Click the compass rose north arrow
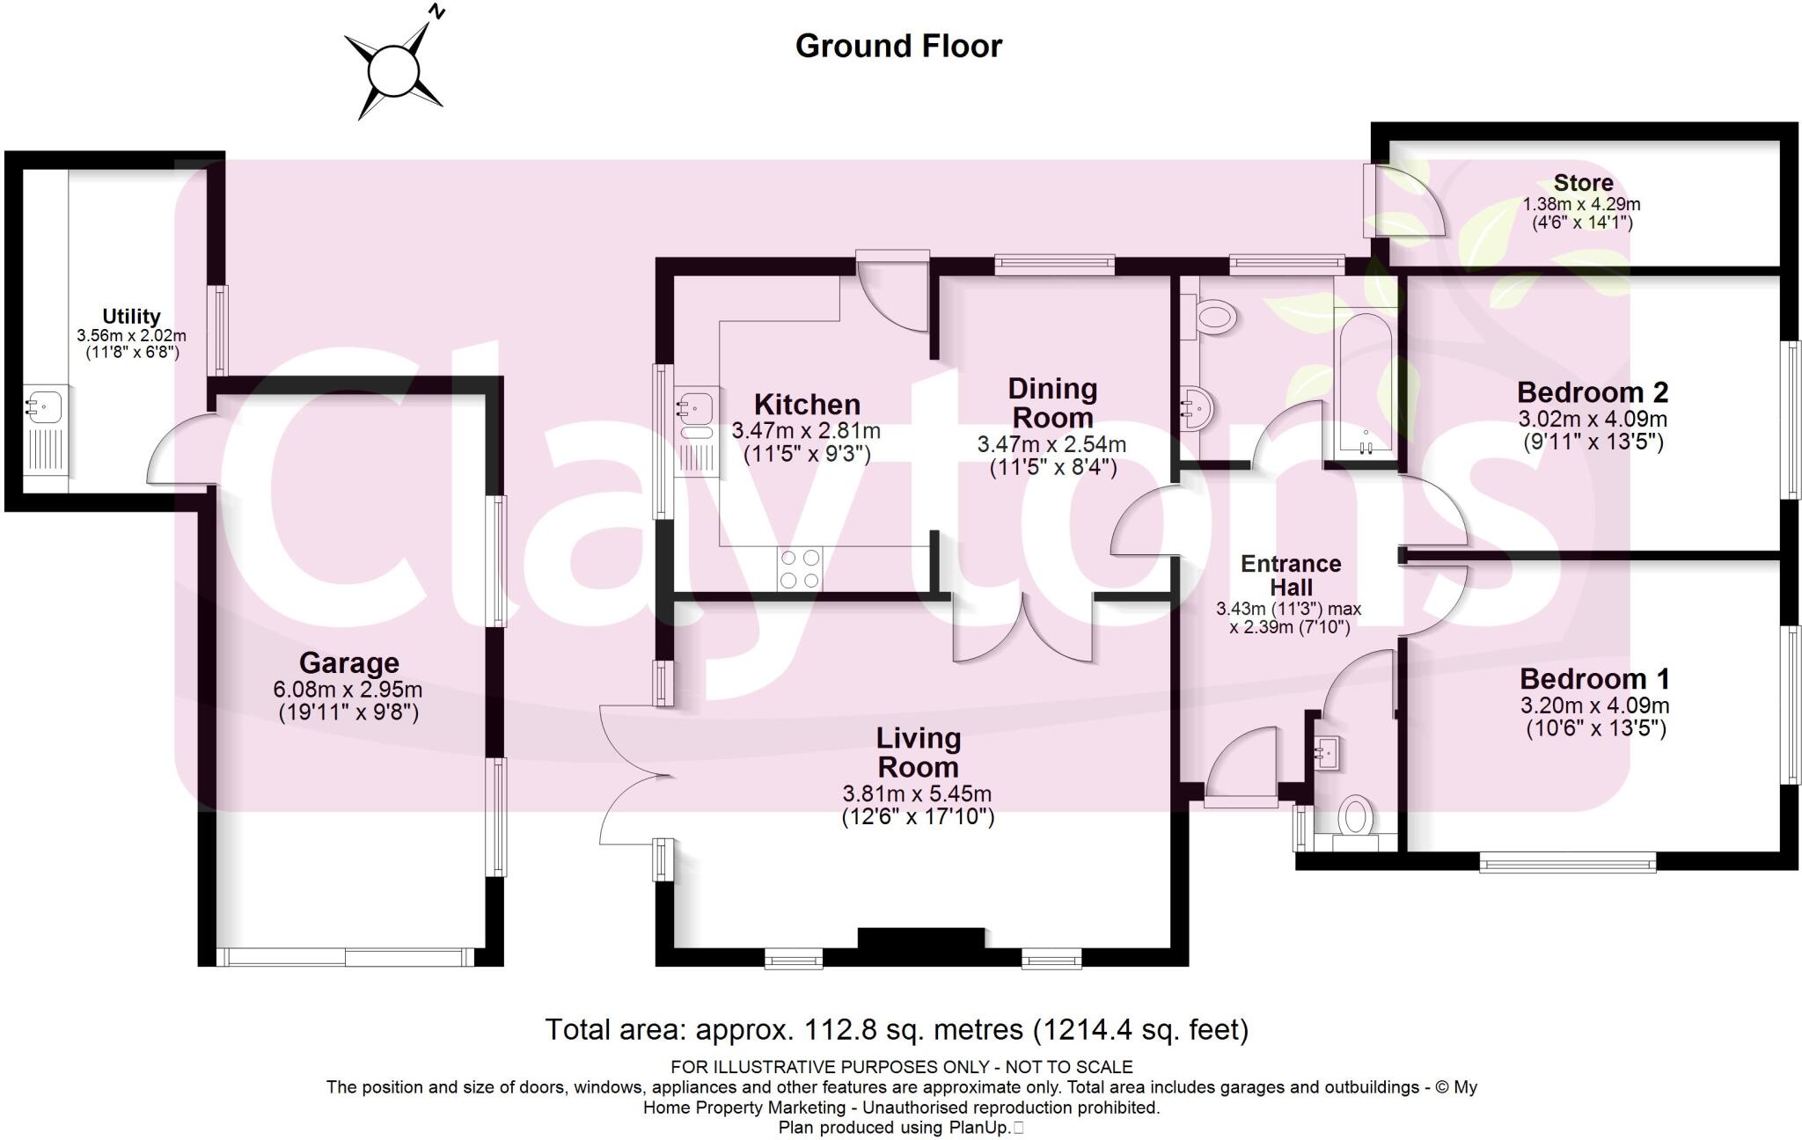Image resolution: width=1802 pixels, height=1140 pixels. pos(393,69)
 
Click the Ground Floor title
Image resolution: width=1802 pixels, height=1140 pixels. pos(898,46)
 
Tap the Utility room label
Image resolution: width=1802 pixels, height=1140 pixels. pos(131,316)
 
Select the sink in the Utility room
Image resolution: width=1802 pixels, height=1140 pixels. pos(42,408)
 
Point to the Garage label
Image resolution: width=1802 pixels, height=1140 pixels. pos(348,662)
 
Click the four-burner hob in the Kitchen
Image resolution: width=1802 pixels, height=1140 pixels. pos(799,568)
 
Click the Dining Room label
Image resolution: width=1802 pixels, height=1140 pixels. pos(1052,402)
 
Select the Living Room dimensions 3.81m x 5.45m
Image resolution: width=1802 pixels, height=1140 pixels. pos(917,793)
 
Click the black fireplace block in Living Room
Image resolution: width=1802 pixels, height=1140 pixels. pos(921,939)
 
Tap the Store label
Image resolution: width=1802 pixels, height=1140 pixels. pos(1583,183)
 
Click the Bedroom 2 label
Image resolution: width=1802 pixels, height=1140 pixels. pos(1592,392)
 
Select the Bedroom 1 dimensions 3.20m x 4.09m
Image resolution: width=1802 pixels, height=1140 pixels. pos(1594,705)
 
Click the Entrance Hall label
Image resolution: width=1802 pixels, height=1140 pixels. pos(1291,575)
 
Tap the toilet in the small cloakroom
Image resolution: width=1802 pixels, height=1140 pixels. pos(1355,817)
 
